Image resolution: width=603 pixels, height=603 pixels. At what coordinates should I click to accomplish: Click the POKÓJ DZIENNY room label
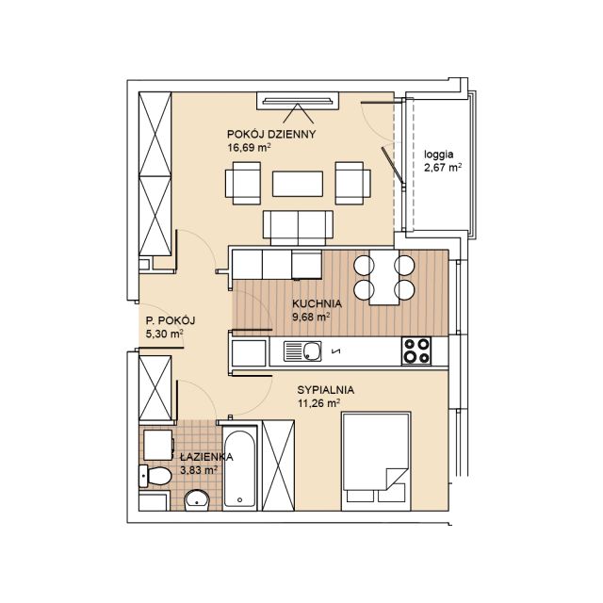(271, 134)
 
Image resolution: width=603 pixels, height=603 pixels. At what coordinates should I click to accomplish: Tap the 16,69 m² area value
(249, 148)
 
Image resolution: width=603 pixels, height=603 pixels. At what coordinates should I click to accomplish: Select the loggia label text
(439, 155)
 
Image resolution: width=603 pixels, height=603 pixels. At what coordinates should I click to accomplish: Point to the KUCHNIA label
(317, 303)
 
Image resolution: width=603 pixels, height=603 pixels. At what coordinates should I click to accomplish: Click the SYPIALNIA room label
(326, 390)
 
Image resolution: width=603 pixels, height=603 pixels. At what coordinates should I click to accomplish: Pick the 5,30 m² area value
(164, 334)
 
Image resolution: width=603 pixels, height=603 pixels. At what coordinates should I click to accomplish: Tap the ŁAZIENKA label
(206, 457)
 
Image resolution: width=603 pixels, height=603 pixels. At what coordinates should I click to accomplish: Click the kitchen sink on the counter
(302, 350)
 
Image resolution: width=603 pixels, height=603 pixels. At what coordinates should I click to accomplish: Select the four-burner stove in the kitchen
(416, 350)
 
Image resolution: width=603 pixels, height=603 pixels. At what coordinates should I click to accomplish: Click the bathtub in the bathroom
(239, 468)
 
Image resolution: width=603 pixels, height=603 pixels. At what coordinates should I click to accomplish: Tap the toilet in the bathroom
(155, 476)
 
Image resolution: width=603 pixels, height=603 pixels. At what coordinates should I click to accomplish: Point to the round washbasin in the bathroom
(197, 500)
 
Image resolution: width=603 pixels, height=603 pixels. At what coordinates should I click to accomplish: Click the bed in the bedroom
(376, 462)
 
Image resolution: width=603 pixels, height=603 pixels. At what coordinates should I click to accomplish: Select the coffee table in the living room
(298, 184)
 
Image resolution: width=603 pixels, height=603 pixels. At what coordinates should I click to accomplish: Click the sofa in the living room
(298, 228)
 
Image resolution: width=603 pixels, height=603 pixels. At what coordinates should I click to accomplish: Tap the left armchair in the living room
(243, 183)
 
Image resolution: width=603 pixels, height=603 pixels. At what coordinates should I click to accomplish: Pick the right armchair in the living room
(353, 183)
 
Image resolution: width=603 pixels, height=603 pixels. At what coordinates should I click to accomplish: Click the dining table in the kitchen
(384, 277)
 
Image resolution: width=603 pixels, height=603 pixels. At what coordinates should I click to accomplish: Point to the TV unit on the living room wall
(298, 101)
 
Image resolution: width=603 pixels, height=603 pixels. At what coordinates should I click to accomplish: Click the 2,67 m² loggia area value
(443, 169)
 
